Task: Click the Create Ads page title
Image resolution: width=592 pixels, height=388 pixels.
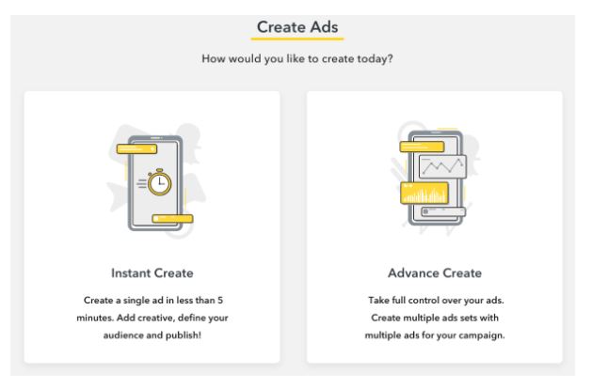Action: tap(297, 27)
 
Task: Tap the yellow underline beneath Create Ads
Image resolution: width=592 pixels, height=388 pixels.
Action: tap(297, 38)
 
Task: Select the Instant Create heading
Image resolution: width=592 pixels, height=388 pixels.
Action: tap(152, 272)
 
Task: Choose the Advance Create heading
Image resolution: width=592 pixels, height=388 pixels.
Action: tap(435, 272)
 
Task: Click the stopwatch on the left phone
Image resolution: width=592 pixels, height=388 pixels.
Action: tap(159, 182)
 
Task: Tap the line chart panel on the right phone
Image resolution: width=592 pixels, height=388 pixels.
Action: tap(442, 166)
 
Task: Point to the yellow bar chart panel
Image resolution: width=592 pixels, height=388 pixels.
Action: tap(424, 193)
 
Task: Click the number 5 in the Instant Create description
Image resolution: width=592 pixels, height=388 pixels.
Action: tap(220, 301)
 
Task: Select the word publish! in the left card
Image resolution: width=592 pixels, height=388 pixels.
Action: tap(188, 335)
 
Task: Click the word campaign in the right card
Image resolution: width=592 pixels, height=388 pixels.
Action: tap(486, 335)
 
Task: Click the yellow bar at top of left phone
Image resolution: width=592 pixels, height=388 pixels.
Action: tap(136, 149)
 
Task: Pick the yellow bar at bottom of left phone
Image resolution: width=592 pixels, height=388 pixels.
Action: tap(172, 219)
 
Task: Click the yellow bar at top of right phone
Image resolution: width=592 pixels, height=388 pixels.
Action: tap(422, 147)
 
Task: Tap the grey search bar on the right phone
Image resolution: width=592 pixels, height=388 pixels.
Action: tap(443, 211)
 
